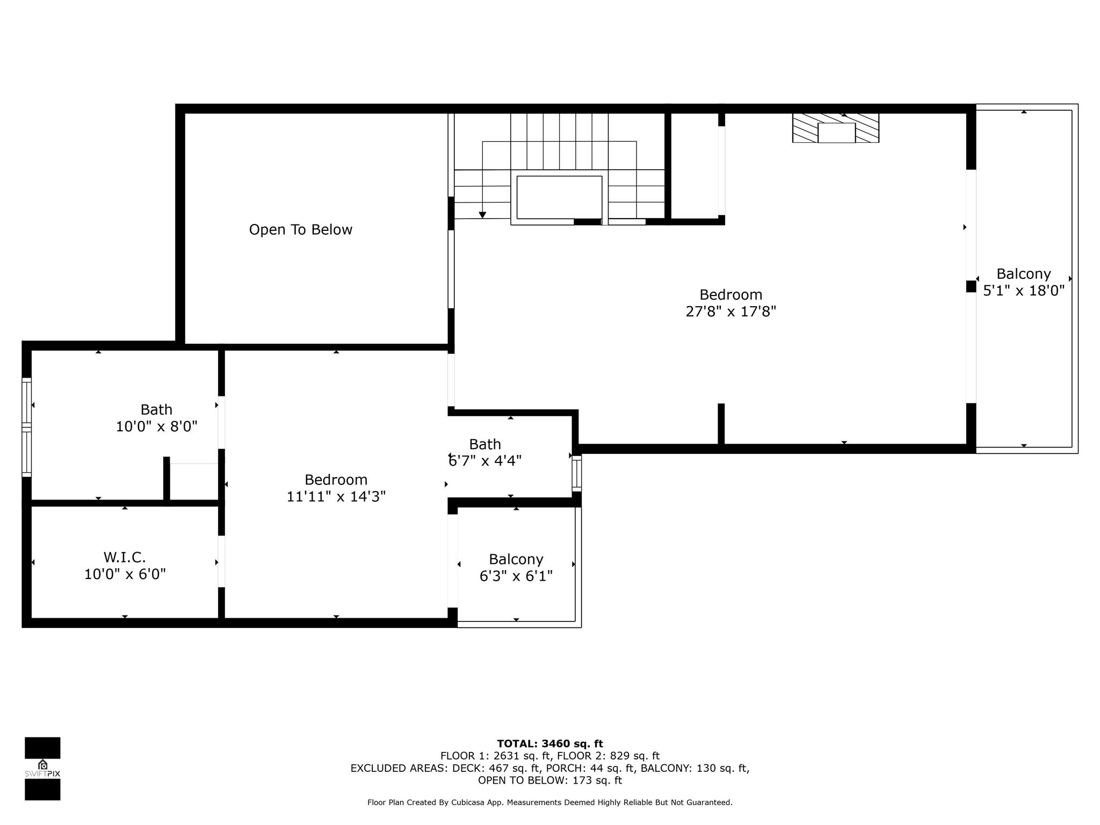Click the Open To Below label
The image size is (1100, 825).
[300, 230]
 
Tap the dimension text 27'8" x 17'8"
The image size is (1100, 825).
[731, 312]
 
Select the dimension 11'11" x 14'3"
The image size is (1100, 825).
[336, 496]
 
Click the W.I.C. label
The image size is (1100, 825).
[125, 557]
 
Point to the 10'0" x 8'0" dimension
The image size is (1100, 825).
[157, 427]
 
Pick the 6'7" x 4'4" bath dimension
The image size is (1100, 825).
[485, 461]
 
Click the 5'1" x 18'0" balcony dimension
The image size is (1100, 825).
[1024, 291]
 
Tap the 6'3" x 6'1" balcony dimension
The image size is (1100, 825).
[516, 576]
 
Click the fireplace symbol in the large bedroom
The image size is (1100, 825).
[836, 128]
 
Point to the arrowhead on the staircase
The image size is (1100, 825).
[482, 215]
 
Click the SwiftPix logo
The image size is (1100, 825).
[42, 769]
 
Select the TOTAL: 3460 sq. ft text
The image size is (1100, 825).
[550, 744]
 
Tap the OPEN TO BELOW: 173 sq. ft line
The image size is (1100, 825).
[550, 780]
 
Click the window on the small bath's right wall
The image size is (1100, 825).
[576, 473]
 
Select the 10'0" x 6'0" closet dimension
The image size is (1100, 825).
[125, 574]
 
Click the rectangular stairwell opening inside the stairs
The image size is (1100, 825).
[559, 197]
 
